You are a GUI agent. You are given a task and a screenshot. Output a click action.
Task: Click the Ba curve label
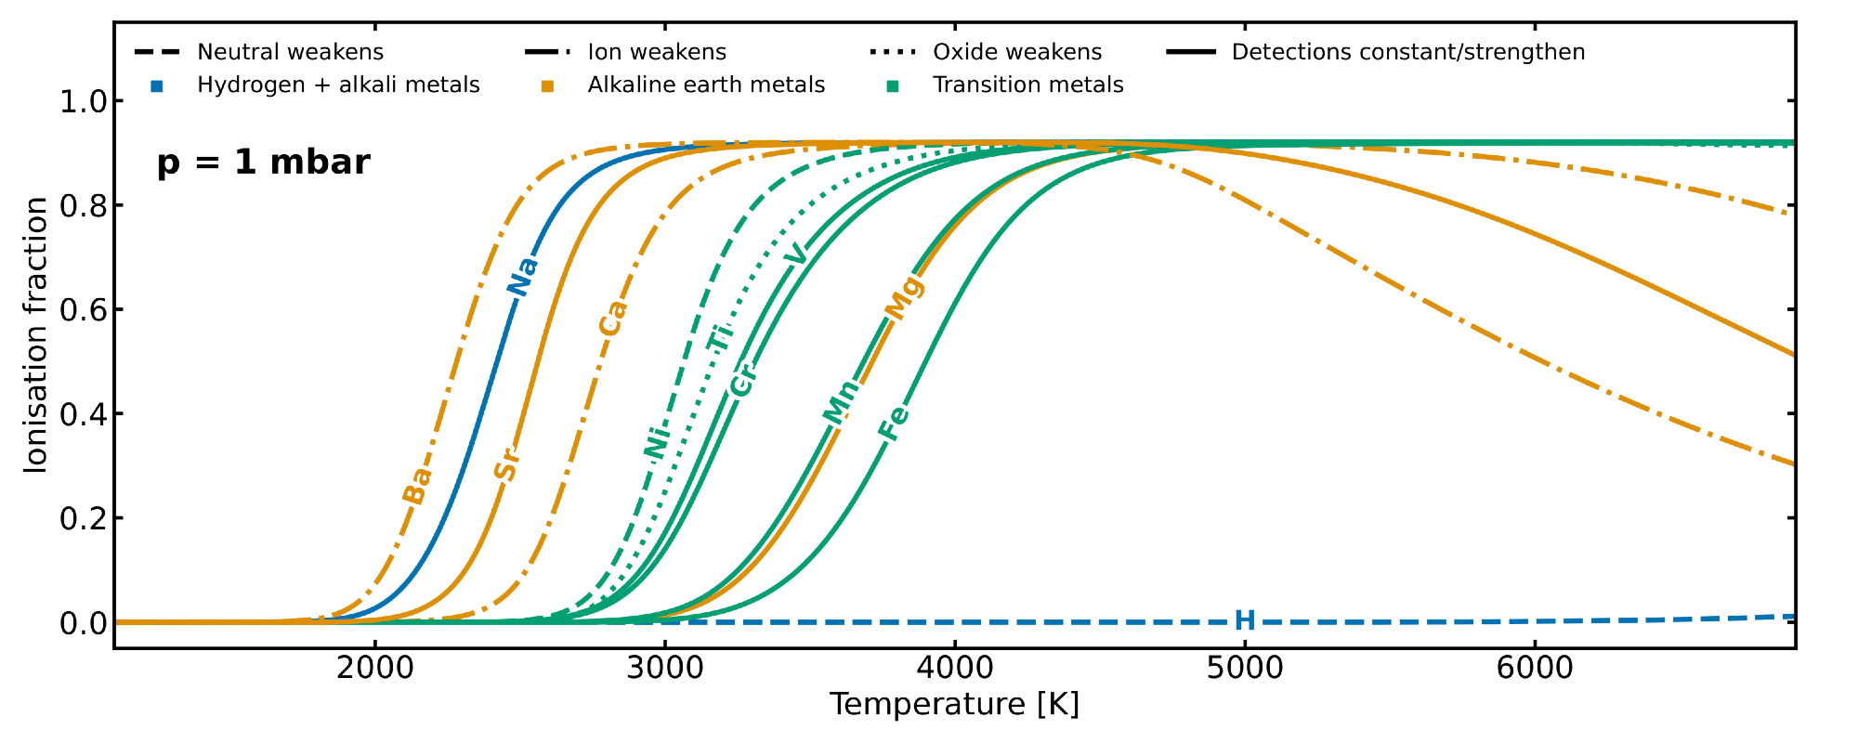[x=417, y=484]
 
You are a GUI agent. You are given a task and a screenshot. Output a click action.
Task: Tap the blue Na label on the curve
[x=522, y=276]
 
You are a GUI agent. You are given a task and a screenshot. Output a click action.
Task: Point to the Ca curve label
[x=612, y=318]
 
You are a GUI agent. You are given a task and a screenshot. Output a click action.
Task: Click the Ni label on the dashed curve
[x=657, y=439]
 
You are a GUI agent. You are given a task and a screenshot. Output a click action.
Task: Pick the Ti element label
[x=720, y=336]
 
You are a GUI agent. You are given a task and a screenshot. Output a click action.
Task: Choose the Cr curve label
[x=742, y=380]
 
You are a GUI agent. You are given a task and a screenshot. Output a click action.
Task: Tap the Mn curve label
[x=842, y=402]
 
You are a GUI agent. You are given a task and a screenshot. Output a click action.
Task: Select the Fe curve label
[x=894, y=423]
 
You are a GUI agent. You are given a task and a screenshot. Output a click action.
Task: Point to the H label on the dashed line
[x=1245, y=621]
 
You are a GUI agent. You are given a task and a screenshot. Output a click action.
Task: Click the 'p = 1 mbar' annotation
[x=263, y=163]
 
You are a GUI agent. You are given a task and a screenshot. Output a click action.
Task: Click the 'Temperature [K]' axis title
[x=954, y=705]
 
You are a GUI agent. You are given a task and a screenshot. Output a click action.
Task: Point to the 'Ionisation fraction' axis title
[x=36, y=334]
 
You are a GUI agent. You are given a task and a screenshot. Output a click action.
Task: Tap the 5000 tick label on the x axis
[x=1245, y=667]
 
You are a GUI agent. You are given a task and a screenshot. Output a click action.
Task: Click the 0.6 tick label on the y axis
[x=84, y=310]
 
